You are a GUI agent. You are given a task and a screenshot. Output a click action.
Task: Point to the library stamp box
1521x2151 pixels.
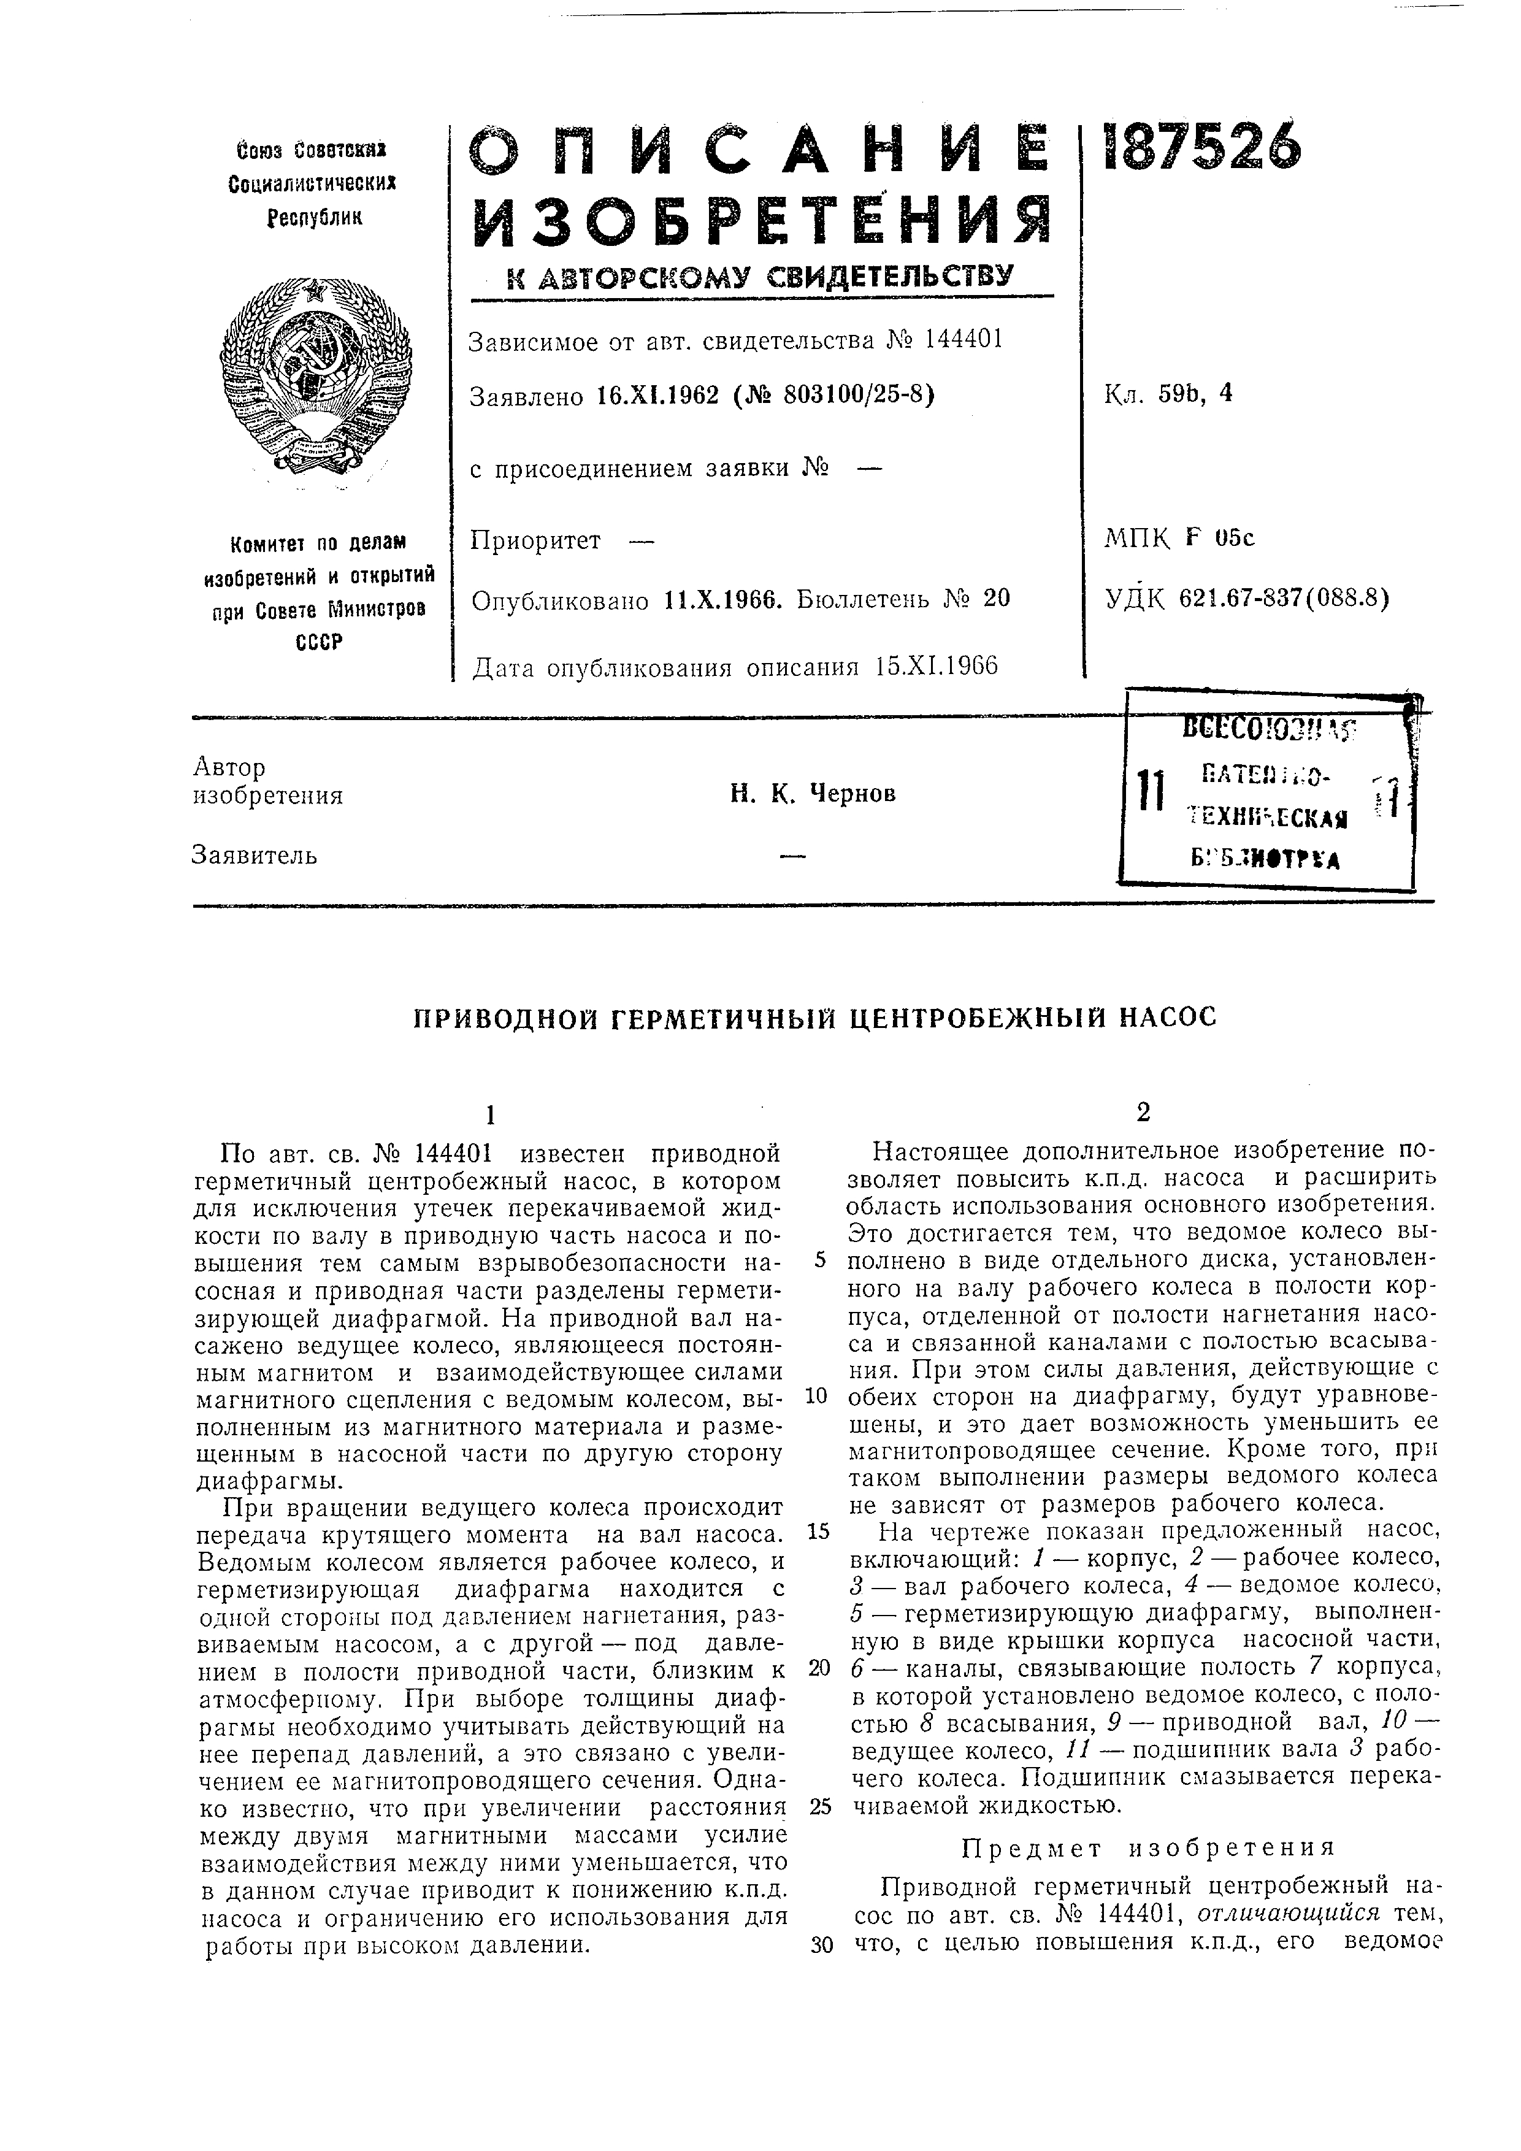[x=1266, y=790]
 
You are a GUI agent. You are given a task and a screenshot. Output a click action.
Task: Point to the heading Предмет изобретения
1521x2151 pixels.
[x=1147, y=1849]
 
